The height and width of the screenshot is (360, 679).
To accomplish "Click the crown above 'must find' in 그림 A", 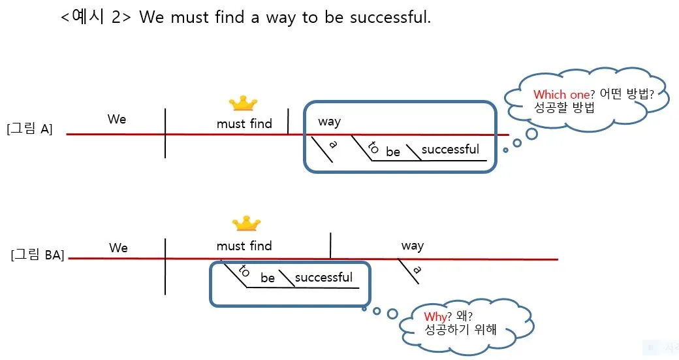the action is pyautogui.click(x=243, y=103).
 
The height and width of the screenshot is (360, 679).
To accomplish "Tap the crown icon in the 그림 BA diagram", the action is pyautogui.click(x=247, y=224).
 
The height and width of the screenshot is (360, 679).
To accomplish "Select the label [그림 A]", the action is pyautogui.click(x=29, y=129).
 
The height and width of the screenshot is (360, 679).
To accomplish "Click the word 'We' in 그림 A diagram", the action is pyautogui.click(x=117, y=119).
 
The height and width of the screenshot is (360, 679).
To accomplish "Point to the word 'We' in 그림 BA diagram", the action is pyautogui.click(x=118, y=248).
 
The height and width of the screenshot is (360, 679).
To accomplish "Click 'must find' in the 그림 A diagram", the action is pyautogui.click(x=244, y=123).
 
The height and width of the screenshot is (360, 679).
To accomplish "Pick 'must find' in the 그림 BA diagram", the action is pyautogui.click(x=244, y=246).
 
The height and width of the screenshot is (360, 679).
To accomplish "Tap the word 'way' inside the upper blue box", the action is pyautogui.click(x=329, y=122).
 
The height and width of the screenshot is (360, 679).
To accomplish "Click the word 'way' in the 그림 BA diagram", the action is pyautogui.click(x=412, y=246).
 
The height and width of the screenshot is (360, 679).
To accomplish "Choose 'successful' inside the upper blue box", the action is pyautogui.click(x=450, y=150).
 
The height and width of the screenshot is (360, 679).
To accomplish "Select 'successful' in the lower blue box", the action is pyautogui.click(x=323, y=277).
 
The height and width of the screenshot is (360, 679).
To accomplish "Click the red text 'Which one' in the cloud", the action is pyautogui.click(x=561, y=95).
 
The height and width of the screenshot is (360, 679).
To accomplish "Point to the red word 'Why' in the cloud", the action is pyautogui.click(x=434, y=318).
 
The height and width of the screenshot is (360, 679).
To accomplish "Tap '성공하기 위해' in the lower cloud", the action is pyautogui.click(x=460, y=330).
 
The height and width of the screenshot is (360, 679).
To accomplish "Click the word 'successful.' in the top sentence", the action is pyautogui.click(x=390, y=18).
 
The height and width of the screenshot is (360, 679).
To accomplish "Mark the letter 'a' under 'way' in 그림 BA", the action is pyautogui.click(x=417, y=270).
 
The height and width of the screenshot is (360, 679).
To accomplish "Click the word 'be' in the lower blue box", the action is pyautogui.click(x=268, y=278).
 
